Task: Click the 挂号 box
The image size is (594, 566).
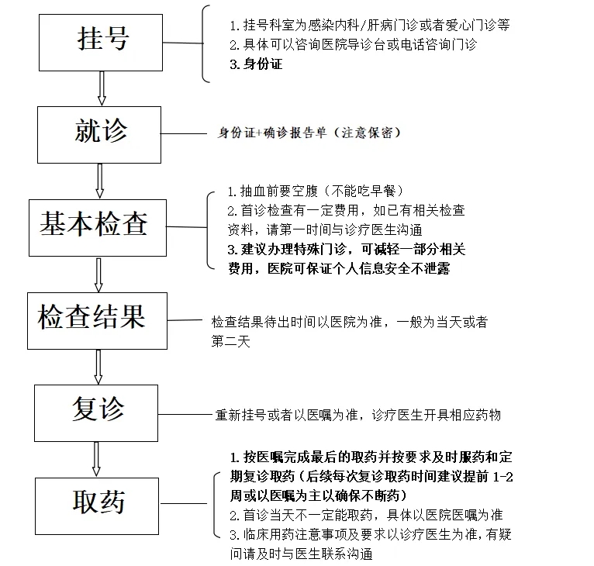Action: coord(101,43)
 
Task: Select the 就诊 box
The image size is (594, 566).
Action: coord(99,135)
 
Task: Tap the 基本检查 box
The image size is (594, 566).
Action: coord(98,228)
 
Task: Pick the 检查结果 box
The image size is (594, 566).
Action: coord(98,320)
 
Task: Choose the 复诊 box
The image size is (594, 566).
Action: coord(96,413)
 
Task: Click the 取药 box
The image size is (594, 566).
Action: coord(97,506)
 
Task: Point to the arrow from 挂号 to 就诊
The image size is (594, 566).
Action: coord(102,88)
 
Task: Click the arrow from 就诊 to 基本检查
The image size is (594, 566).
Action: coord(99,181)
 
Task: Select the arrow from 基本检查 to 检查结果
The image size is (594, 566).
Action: coord(98,274)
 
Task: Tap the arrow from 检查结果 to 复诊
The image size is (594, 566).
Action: coord(98,367)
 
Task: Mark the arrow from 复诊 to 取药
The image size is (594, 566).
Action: coord(97,459)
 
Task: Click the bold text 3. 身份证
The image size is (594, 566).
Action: coord(256,64)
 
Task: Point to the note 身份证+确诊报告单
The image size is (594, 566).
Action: coord(271,133)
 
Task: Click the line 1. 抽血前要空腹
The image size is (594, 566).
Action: coord(315,191)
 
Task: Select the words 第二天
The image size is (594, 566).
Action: coord(231,341)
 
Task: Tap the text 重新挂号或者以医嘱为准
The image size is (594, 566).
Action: coord(286,415)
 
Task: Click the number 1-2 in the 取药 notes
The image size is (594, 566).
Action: coord(503,477)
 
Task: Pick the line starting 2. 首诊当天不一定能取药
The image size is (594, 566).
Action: coord(366,515)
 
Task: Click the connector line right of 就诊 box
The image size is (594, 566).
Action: coord(184,133)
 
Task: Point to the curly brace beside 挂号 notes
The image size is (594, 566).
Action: coord(205,43)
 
